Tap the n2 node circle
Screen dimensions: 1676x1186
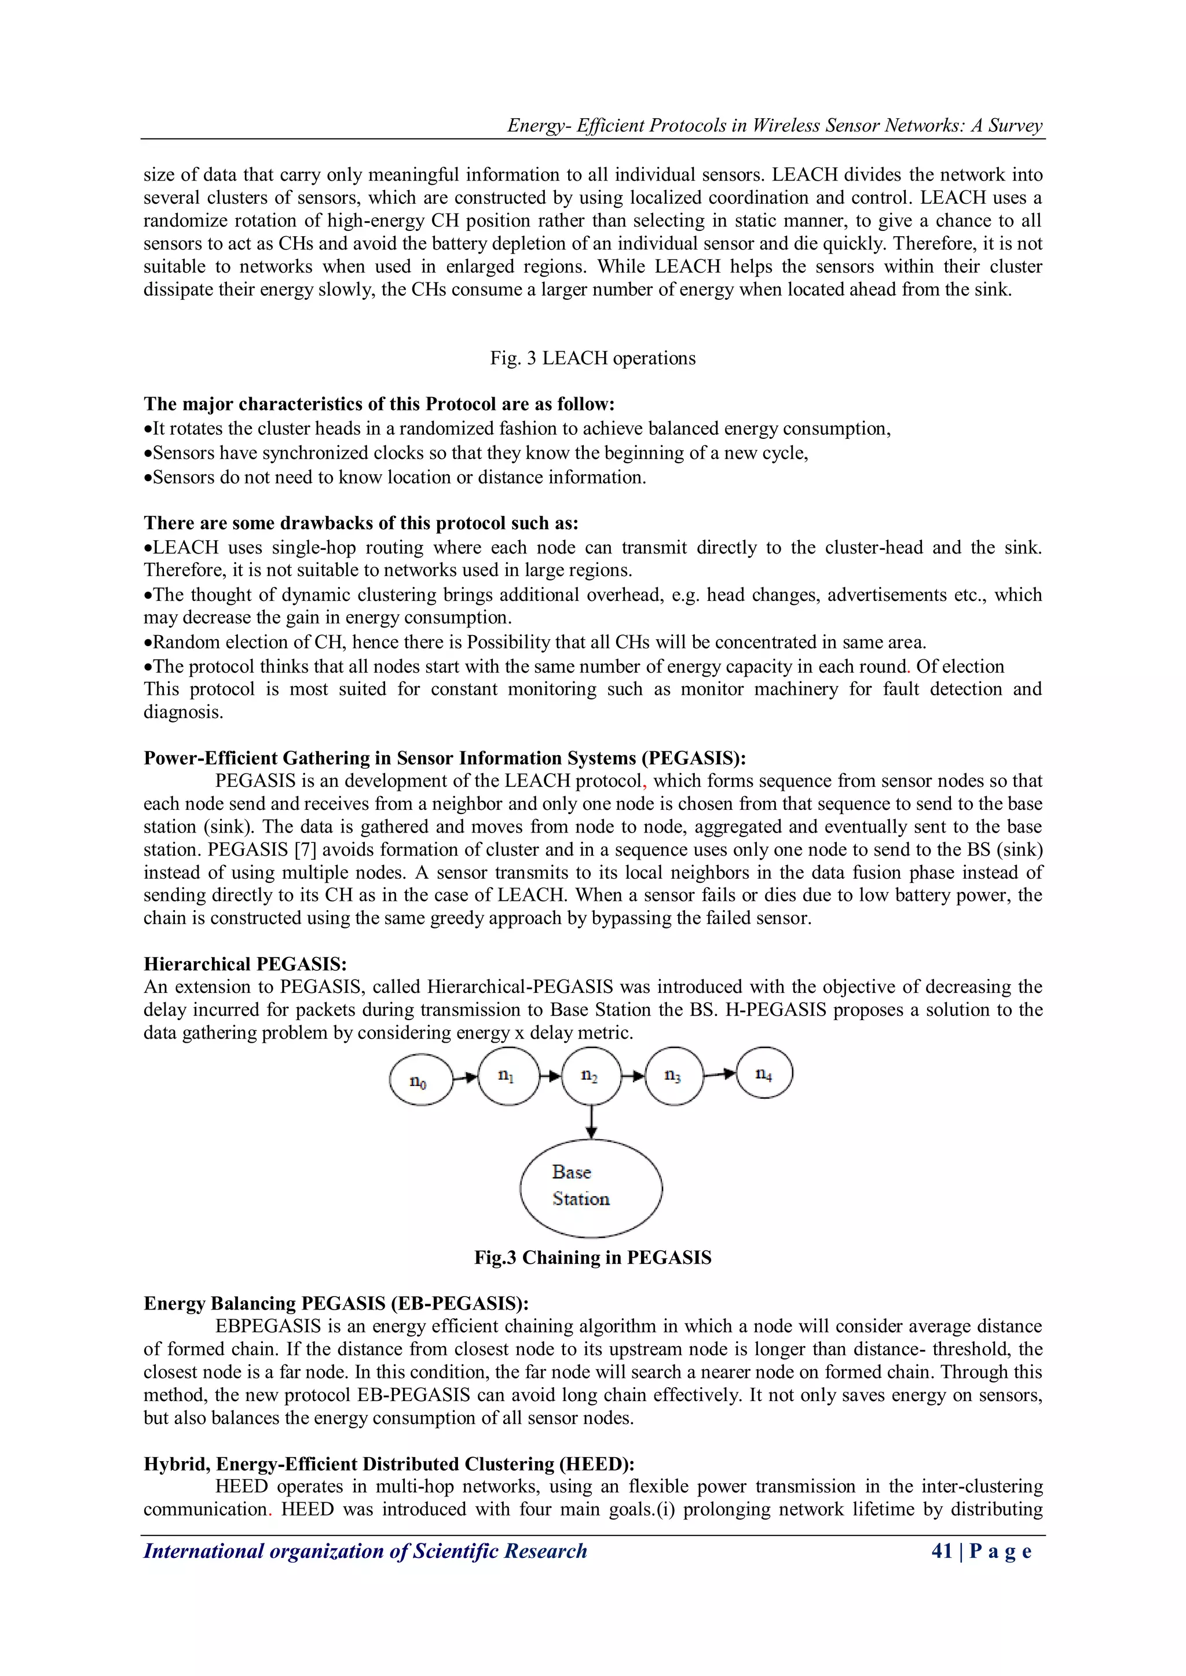[x=591, y=1076]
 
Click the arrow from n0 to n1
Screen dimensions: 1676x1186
[x=465, y=1077]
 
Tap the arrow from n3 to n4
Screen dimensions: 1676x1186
[x=720, y=1074]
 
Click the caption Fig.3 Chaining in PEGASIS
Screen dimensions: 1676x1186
[x=592, y=1257]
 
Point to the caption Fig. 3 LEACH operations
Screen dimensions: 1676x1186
[x=592, y=358]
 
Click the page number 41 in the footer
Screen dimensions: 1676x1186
[x=942, y=1550]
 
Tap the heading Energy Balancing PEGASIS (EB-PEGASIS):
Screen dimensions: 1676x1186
[x=336, y=1303]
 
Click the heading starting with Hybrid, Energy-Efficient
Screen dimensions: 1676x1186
[x=389, y=1464]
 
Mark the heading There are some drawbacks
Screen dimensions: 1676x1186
[x=361, y=523]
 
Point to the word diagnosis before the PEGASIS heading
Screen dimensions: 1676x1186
[x=182, y=713]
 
